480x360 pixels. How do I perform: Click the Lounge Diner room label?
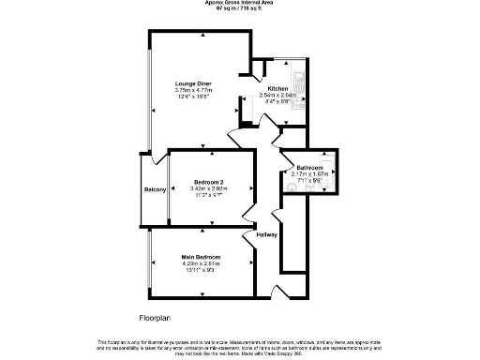click(193, 84)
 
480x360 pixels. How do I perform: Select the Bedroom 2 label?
click(207, 181)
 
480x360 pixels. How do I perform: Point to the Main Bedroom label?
click(202, 257)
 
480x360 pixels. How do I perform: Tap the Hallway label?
click(265, 233)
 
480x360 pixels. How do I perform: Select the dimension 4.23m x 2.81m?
click(202, 263)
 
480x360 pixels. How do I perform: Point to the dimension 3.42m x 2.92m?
click(207, 188)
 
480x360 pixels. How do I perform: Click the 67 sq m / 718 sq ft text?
click(239, 9)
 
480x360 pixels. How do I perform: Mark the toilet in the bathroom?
click(292, 187)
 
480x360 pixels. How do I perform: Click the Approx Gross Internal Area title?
click(239, 3)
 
